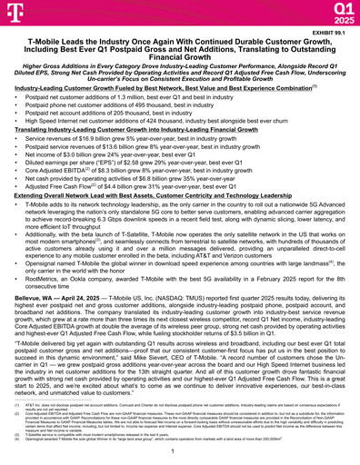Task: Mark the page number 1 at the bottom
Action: pyautogui.click(x=179, y=453)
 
